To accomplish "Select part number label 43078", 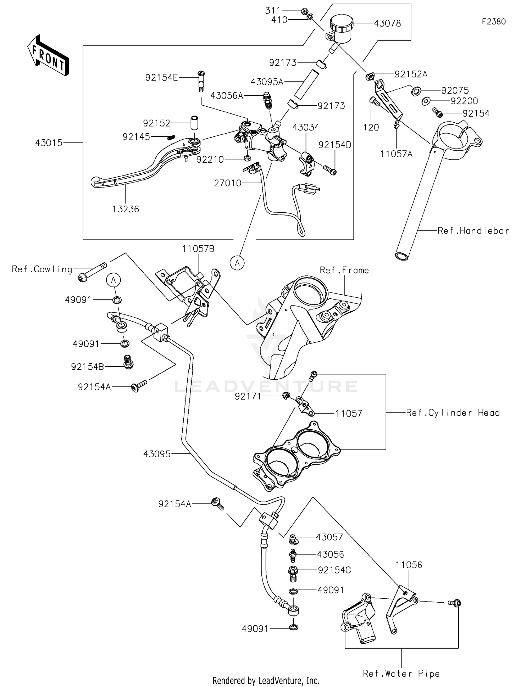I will pos(387,23).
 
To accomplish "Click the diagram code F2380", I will pos(494,22).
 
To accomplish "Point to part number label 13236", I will pos(126,209).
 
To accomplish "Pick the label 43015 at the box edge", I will pos(49,143).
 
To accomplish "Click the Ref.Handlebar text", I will pos(473,231).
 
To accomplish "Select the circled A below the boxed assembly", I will pos(237,263).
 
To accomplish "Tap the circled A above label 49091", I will pos(113,280).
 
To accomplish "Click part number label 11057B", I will pos(198,249).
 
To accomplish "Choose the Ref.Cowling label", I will pos(42,269).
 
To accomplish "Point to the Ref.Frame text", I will pos(344,270).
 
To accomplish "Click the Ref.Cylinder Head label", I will pos(453,413).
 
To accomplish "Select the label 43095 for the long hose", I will pos(157,454).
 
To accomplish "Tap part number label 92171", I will pos(248,396).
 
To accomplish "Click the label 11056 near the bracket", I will pos(409,565).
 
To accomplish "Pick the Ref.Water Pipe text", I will pos(401,674).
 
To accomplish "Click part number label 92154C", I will pos(334,570).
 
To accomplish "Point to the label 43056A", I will pos(227,96).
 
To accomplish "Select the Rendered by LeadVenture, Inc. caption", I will pos(266,681).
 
